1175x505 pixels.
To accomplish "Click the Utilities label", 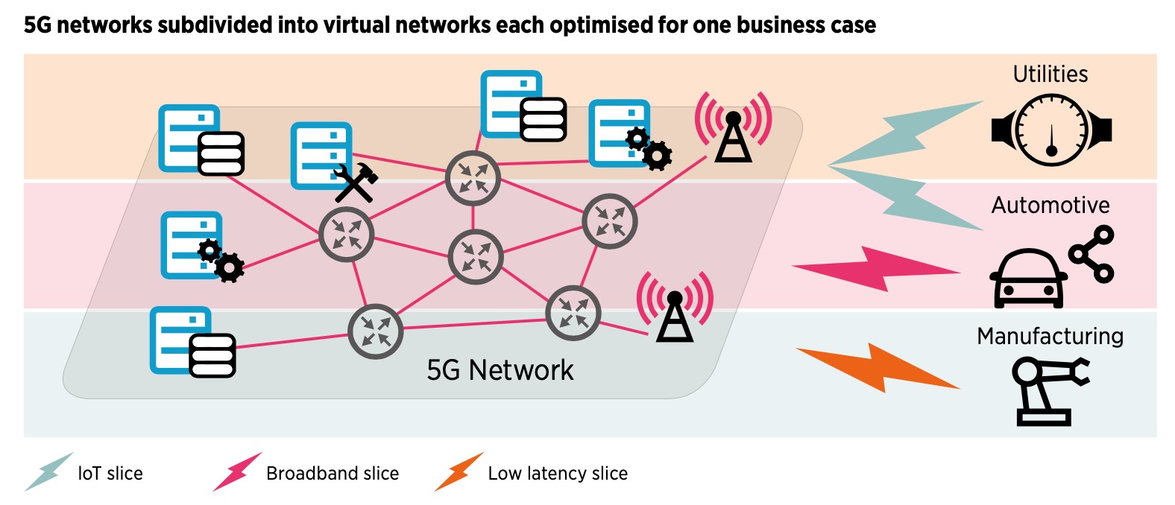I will pos(1050,74).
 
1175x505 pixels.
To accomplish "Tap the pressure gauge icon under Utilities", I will pos(1051,130).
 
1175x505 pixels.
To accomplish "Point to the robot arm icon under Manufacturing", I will pos(1048,390).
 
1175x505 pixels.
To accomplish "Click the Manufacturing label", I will pos(1050,337).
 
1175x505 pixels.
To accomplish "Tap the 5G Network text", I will pos(500,370).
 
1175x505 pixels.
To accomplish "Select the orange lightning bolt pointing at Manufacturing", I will pos(878,367).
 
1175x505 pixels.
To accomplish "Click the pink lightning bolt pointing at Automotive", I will pos(876,269).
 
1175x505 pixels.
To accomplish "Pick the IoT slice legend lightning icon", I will pos(48,471).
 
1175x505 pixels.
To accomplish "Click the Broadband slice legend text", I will pos(333,474).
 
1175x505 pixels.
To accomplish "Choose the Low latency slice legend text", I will pos(558,474).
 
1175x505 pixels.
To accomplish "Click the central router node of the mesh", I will pos(476,257).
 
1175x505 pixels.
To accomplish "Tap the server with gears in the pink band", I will pos(198,247).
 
